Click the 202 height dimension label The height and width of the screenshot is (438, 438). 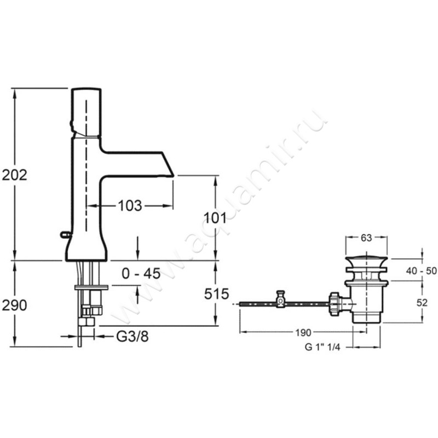(15, 175)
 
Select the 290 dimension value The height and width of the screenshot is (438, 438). (15, 305)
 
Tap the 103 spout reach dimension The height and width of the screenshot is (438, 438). (130, 206)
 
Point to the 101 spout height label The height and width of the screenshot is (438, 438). (215, 217)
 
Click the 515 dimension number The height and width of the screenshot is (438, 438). (216, 294)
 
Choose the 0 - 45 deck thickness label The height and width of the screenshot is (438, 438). (141, 273)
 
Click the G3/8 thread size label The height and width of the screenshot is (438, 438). (132, 337)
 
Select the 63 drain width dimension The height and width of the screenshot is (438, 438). (366, 238)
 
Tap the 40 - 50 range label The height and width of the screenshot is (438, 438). (421, 270)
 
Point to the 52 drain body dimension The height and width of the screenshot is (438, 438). (422, 303)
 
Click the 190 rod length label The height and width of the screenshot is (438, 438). (303, 332)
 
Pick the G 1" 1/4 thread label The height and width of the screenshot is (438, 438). (322, 347)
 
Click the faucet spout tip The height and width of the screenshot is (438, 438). (172, 176)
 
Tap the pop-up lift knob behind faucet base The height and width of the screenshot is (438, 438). (65, 234)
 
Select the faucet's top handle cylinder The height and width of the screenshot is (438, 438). (87, 112)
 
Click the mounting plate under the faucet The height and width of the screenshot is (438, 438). (91, 287)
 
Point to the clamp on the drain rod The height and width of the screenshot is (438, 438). (280, 299)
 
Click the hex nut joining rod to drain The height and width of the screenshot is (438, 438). (335, 304)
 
